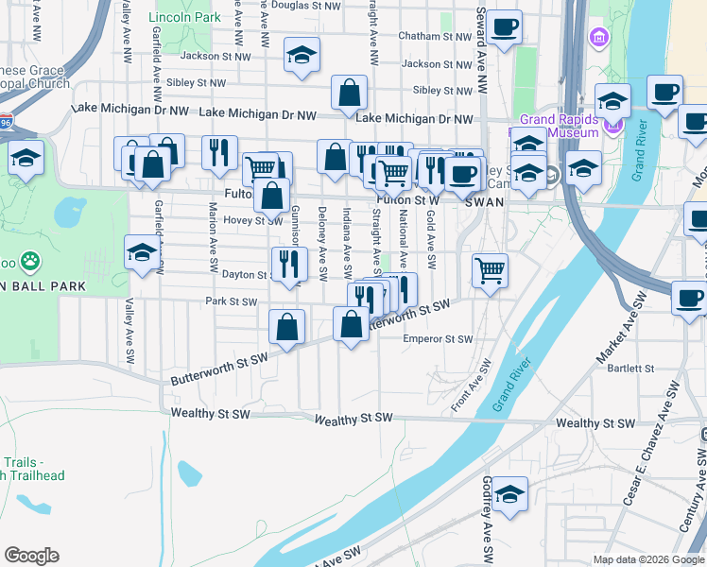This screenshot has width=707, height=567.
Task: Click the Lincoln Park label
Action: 185,17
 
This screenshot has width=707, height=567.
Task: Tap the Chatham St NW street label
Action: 435,37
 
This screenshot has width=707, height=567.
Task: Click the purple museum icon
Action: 597,39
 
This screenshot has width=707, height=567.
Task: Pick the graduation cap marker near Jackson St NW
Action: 302,56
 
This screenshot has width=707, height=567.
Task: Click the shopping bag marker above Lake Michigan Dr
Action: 349,94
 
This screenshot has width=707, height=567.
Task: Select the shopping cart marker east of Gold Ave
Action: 490,271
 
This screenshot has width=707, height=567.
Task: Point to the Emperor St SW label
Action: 437,338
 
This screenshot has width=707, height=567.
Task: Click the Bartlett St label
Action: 631,369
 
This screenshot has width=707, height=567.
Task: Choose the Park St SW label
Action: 231,302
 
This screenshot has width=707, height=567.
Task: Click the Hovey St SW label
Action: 253,220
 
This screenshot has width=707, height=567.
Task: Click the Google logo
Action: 31,556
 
